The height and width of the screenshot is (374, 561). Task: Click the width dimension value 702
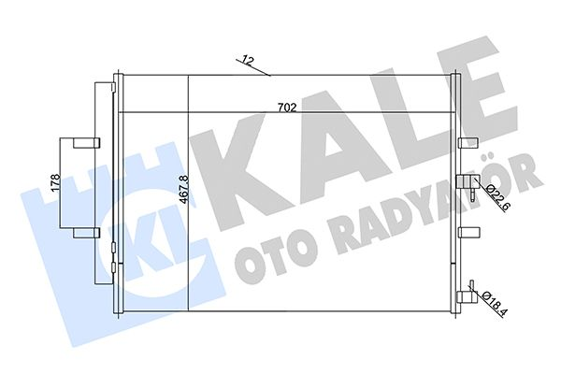pyautogui.click(x=288, y=108)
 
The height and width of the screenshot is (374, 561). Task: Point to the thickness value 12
pyautogui.click(x=247, y=60)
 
